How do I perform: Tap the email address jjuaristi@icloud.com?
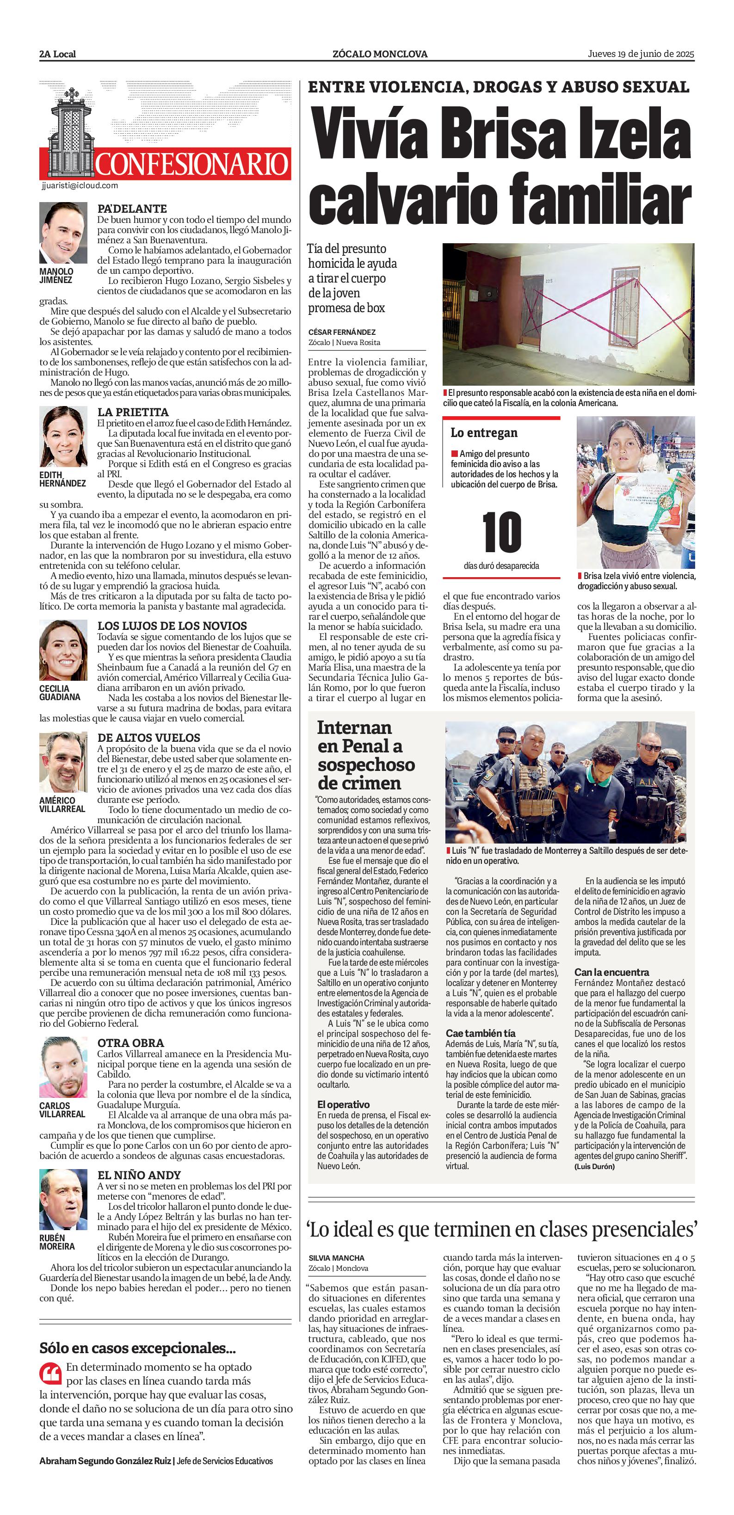point(80,185)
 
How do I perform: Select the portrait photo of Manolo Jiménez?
point(63,233)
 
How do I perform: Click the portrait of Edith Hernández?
point(63,437)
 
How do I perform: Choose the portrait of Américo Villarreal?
point(63,762)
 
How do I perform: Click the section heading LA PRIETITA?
point(133,412)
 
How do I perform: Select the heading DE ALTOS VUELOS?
point(149,738)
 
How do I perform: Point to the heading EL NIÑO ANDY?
point(139,1175)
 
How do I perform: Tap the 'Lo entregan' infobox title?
point(484,433)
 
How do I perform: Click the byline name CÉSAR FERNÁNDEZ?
point(342,333)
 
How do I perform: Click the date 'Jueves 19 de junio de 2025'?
point(641,54)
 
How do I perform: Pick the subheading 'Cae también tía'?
point(480,1033)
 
